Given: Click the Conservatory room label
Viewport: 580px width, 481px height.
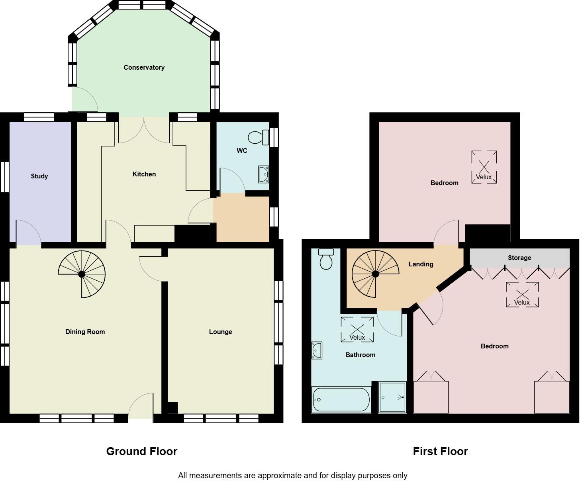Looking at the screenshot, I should [144, 67].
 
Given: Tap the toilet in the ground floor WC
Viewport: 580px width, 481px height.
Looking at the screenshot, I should [259, 138].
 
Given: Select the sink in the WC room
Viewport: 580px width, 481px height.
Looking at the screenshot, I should [263, 174].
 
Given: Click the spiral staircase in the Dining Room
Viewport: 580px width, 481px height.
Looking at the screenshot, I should [82, 274].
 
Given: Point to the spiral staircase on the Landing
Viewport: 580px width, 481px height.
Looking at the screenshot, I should [375, 274].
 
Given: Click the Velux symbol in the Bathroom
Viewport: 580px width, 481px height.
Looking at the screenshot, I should [357, 330].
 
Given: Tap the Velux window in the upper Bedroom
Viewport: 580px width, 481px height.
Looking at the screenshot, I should [484, 167].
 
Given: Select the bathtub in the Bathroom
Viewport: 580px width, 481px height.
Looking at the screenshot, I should [341, 399].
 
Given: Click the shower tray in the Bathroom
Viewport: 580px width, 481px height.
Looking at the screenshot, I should [392, 397].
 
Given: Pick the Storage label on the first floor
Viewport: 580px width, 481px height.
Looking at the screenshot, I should [519, 258].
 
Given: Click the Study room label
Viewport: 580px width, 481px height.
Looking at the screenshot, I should [39, 176].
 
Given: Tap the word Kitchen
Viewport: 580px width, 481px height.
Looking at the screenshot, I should [144, 174].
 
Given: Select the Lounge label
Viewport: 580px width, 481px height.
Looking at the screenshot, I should [220, 332].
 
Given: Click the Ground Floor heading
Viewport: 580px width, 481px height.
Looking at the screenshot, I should [141, 451].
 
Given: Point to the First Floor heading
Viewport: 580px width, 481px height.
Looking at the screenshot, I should [440, 451].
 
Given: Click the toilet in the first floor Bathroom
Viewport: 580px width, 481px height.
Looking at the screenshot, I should [326, 259].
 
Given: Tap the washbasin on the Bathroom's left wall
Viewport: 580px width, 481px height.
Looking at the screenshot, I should [317, 350].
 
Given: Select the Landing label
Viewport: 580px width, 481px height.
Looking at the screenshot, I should [421, 264].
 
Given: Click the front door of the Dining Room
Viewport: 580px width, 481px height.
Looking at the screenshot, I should [141, 406].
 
